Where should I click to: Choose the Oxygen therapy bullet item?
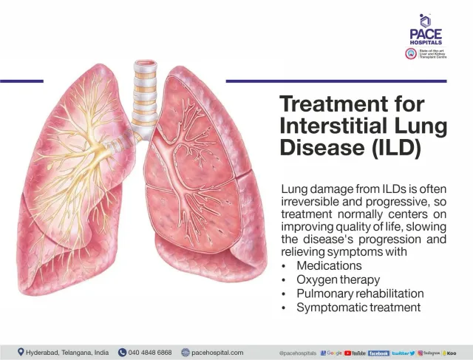click(x=338, y=280)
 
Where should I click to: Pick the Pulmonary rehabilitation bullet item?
click(x=360, y=293)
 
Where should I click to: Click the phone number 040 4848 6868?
click(x=150, y=353)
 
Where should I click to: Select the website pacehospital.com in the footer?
click(x=217, y=353)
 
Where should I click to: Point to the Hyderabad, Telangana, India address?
click(x=67, y=353)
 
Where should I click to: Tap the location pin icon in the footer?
click(x=20, y=353)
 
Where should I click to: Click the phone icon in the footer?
click(x=122, y=353)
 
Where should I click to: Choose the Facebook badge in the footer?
click(x=378, y=353)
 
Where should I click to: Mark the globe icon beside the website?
click(x=186, y=353)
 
